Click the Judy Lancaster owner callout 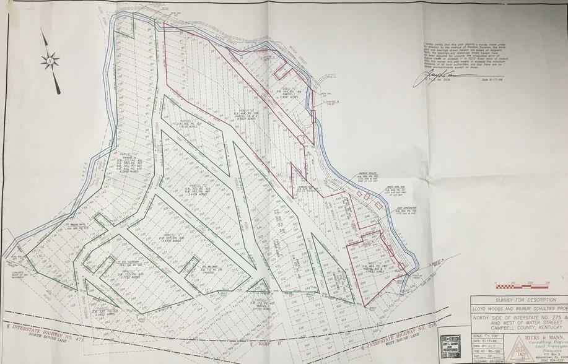406,211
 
